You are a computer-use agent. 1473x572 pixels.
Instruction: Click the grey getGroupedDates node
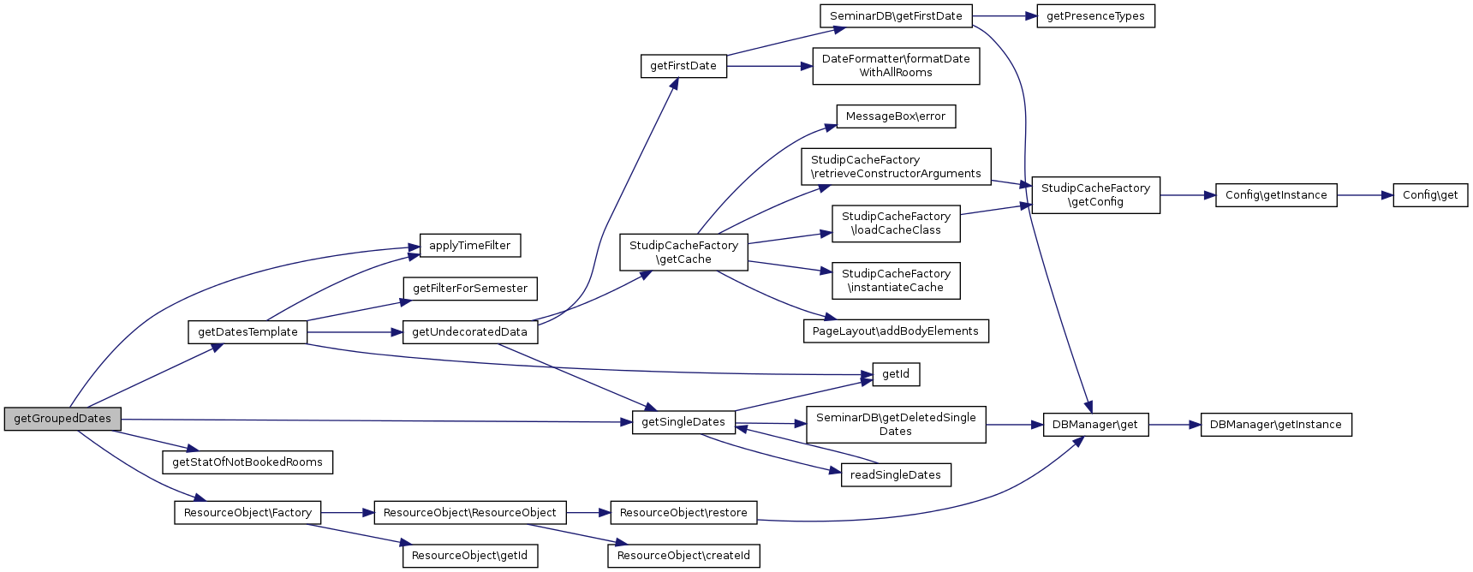point(63,419)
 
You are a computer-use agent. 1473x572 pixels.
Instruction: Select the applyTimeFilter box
point(469,246)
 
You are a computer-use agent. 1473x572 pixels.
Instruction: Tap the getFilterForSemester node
point(470,289)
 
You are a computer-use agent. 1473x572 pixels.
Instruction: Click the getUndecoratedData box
point(469,332)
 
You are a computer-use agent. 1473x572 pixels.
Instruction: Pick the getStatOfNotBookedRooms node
point(247,462)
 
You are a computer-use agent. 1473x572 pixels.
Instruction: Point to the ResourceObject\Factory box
point(247,513)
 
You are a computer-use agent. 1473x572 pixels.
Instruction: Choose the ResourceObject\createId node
point(683,556)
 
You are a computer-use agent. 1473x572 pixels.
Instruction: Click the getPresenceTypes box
point(1095,16)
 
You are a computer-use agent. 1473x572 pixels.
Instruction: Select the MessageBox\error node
point(895,116)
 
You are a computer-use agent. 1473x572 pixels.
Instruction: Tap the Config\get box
point(1430,195)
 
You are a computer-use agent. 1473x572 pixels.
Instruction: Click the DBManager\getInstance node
point(1275,425)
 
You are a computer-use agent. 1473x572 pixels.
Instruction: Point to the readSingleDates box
point(895,475)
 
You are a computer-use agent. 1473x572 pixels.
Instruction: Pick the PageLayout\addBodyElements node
point(895,331)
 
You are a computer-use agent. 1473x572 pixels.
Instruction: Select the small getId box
point(895,374)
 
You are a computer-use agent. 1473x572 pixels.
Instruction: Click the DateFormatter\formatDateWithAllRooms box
point(896,66)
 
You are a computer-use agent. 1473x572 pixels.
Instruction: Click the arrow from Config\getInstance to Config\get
point(1364,195)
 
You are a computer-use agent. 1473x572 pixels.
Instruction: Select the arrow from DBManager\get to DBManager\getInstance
point(1174,425)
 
